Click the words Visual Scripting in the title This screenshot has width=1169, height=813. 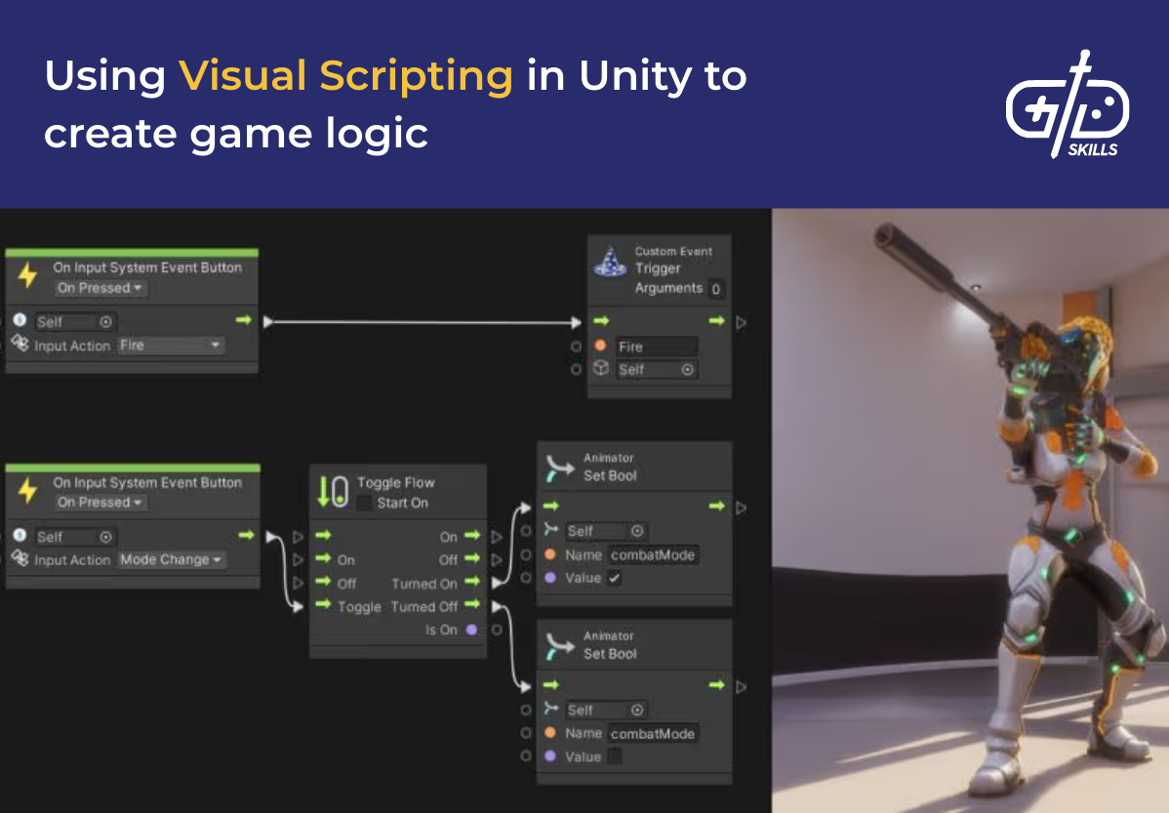click(345, 76)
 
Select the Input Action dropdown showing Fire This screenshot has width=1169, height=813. click(171, 346)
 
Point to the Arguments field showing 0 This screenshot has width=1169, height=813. click(715, 289)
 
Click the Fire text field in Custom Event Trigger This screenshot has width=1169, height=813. click(656, 346)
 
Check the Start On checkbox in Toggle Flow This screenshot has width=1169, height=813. click(364, 503)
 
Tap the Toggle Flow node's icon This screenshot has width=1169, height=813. click(333, 491)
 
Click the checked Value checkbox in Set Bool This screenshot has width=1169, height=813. click(614, 578)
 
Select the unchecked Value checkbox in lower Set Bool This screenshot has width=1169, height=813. click(614, 756)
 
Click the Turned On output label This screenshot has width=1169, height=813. click(423, 584)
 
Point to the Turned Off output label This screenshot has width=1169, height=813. click(423, 607)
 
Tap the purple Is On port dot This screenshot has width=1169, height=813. click(472, 630)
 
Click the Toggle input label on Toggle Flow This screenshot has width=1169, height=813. click(359, 607)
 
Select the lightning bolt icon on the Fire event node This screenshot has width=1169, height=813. click(27, 276)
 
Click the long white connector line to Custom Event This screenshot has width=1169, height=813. click(420, 322)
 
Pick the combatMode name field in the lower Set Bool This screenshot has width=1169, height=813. click(653, 734)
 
